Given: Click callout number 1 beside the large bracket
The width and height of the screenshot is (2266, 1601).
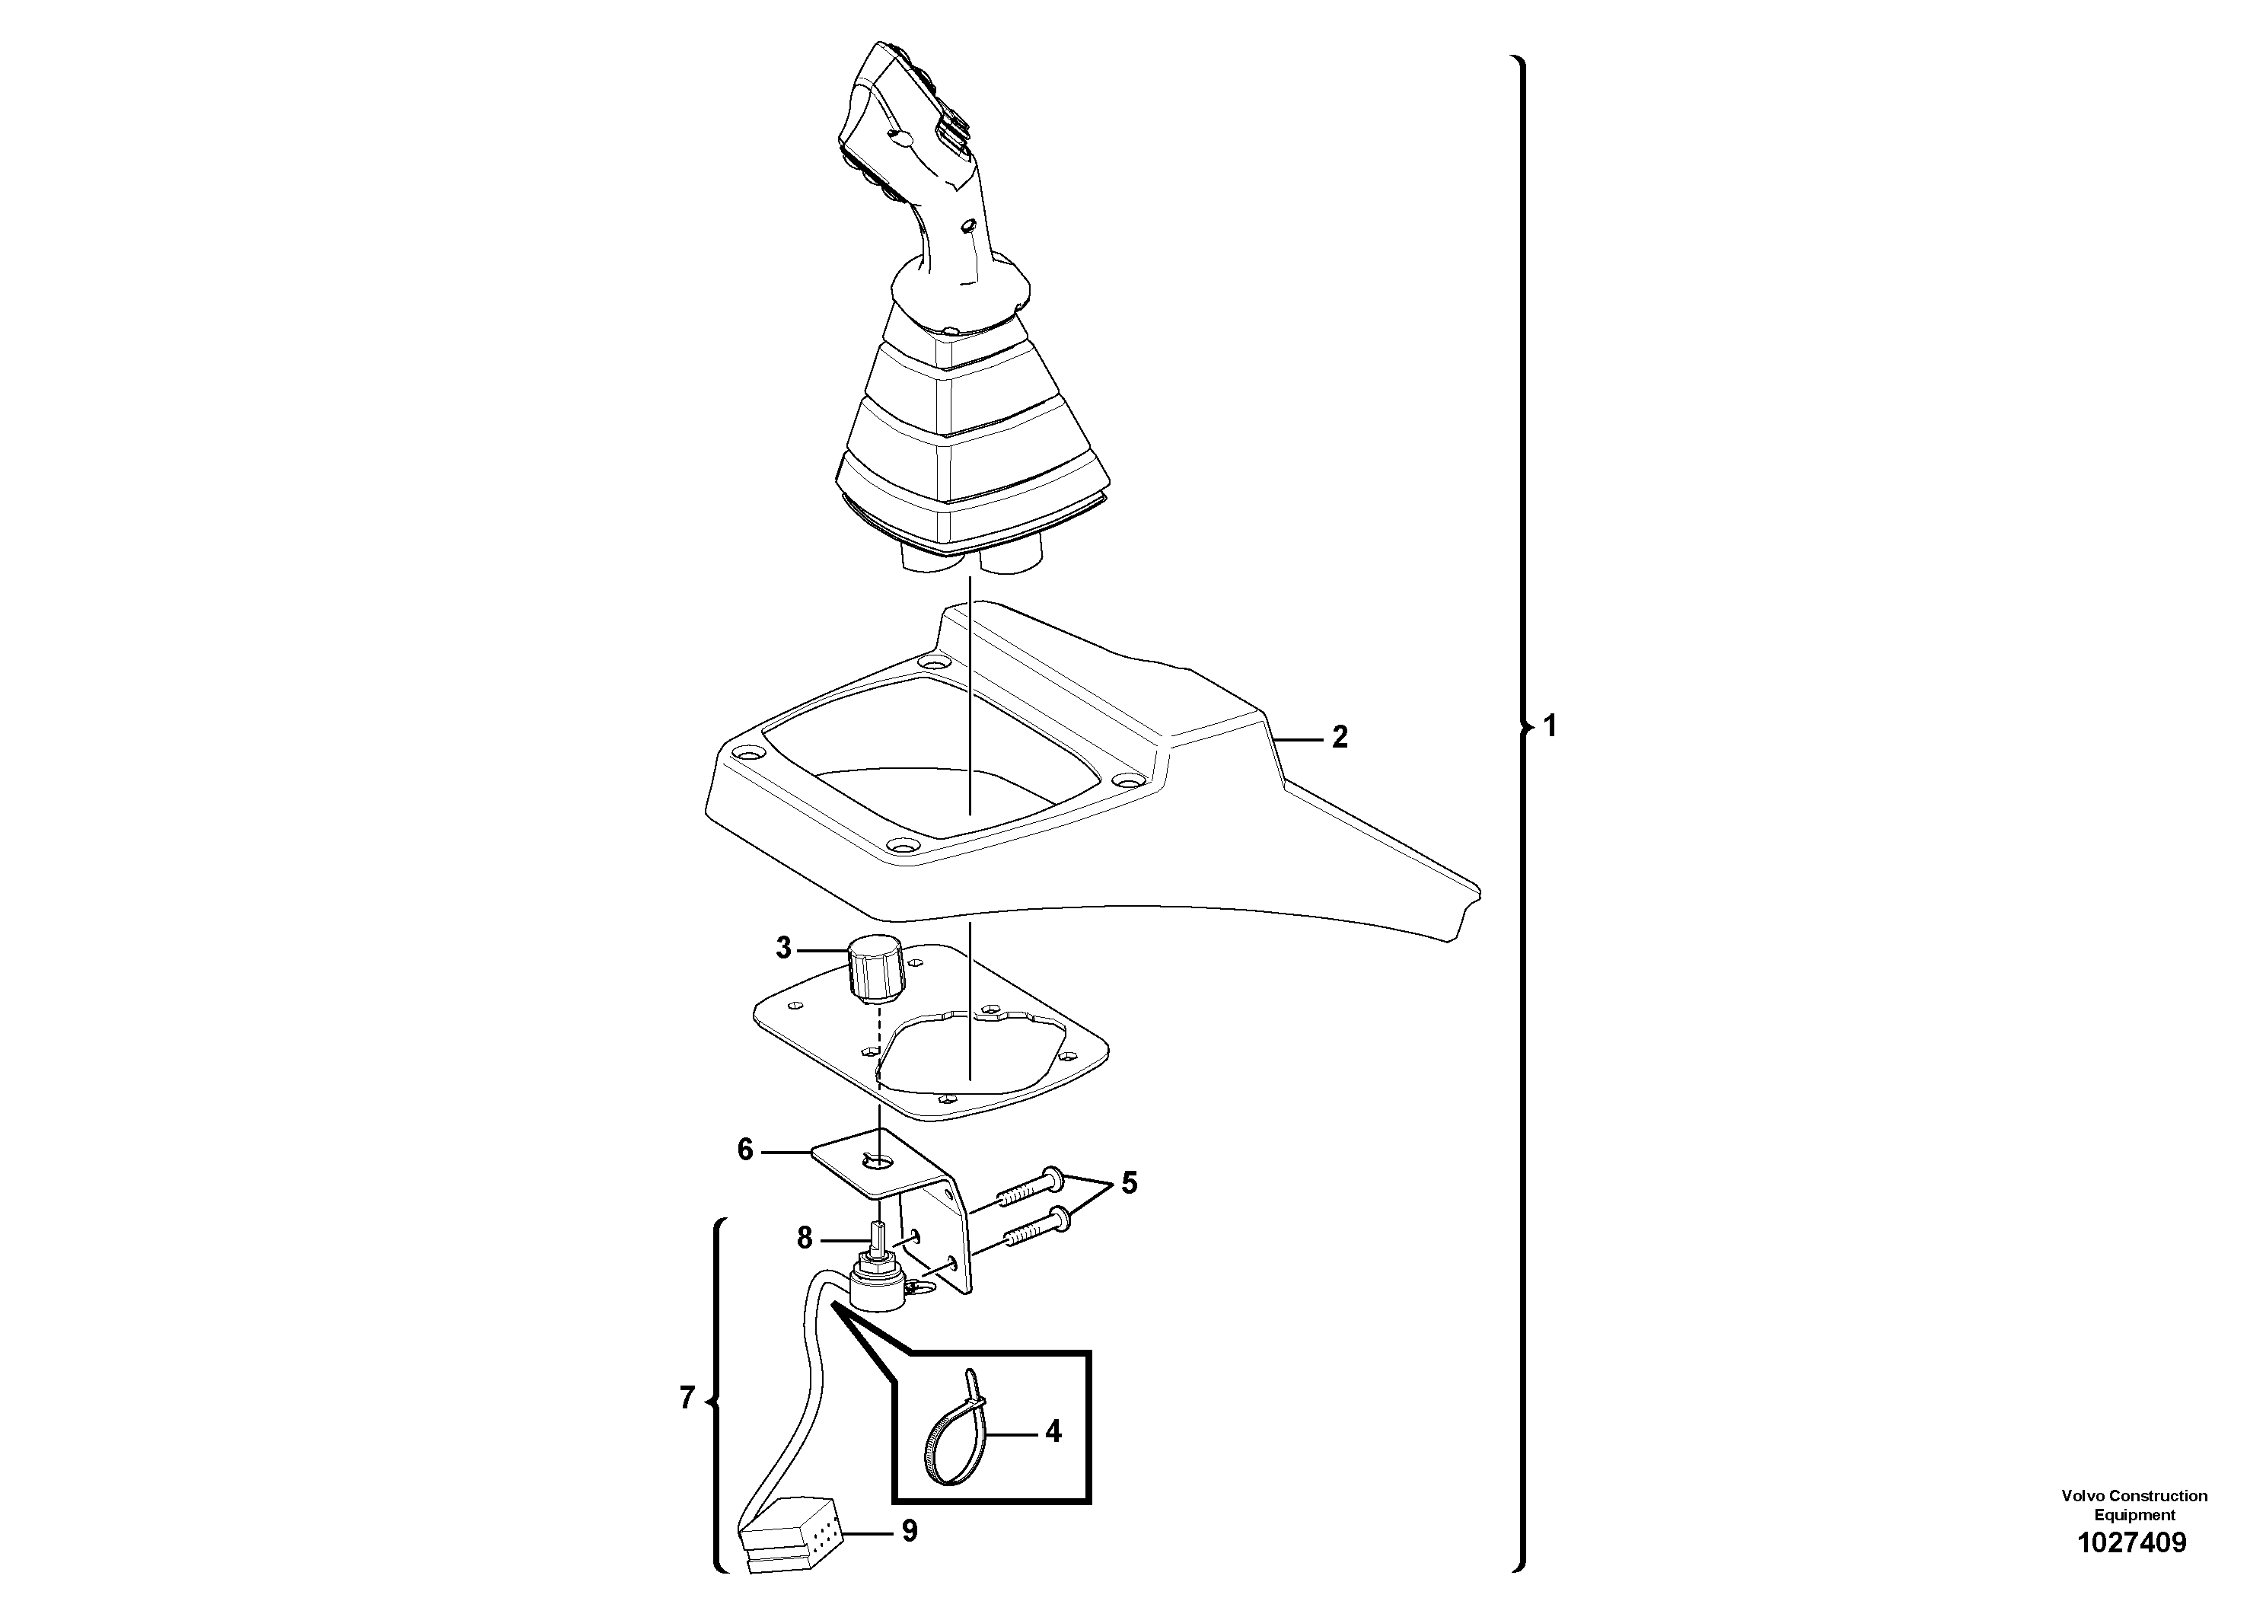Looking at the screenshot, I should pos(1550,726).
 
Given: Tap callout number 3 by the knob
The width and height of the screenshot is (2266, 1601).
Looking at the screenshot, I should pos(784,949).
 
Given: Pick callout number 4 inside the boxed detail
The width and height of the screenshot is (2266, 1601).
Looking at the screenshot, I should pos(1053,1431).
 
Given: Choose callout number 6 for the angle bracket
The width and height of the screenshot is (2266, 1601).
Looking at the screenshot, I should pos(746,1150).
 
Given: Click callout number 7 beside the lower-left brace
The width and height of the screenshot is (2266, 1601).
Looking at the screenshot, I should pos(688,1398).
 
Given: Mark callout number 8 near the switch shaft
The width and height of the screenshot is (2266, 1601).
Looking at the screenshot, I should pos(805,1237).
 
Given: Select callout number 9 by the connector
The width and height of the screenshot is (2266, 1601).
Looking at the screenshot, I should pos(909,1531).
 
